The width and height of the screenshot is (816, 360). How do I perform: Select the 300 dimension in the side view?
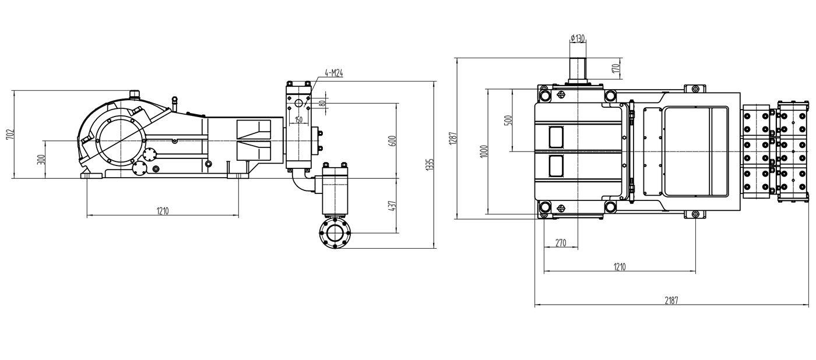tap(41, 160)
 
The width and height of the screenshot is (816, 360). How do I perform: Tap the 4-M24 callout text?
tap(333, 73)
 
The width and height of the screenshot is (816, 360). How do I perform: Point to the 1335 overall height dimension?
tap(430, 164)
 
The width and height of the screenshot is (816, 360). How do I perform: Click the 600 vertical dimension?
tap(392, 140)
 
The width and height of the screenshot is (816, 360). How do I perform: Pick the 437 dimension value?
tap(392, 206)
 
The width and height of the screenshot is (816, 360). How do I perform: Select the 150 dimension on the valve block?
tap(298, 119)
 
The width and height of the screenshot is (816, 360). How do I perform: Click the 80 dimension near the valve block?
tap(322, 103)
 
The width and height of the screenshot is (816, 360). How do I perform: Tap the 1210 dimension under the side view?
tap(163, 211)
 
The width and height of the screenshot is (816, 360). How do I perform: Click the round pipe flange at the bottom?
tap(335, 232)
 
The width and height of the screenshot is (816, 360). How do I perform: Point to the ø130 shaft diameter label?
tap(578, 38)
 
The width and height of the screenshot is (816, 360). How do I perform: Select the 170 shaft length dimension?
tap(615, 68)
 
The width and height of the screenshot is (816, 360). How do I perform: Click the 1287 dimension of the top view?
tap(452, 138)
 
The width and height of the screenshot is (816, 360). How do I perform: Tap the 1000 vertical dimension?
tap(483, 151)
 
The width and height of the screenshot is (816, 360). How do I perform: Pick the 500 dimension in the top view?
tap(509, 120)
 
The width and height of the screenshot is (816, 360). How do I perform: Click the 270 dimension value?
tap(561, 243)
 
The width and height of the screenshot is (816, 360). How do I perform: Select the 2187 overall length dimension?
tap(671, 301)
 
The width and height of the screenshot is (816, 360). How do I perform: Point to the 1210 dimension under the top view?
tap(619, 267)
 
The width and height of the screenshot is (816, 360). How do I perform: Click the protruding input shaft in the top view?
tap(578, 70)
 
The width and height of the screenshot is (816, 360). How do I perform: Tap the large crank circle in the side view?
tap(120, 140)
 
